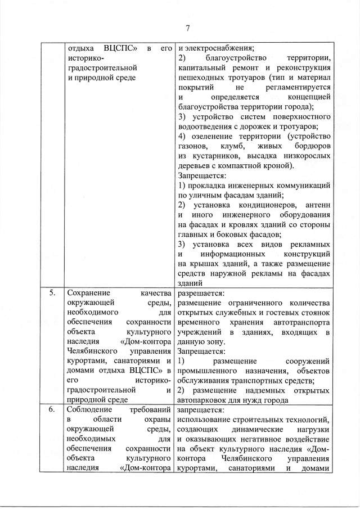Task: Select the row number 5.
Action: (x=52, y=292)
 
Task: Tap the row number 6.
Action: (x=52, y=410)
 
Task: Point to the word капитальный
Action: (x=201, y=67)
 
